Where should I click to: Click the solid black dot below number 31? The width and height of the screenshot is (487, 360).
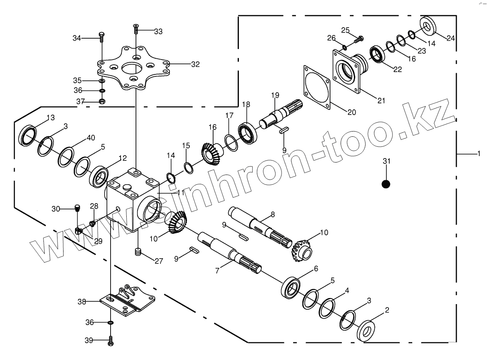386,184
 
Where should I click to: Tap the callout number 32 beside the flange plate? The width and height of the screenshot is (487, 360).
195,64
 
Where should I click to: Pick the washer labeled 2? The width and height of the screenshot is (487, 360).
367,330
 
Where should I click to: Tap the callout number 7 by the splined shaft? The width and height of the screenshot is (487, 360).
217,271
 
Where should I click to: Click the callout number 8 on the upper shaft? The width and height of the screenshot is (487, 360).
273,214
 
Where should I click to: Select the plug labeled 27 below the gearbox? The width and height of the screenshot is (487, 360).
138,253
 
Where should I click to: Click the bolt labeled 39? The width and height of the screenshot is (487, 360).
111,341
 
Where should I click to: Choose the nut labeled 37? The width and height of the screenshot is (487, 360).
102,101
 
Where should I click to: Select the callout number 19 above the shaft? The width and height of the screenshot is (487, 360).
275,95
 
